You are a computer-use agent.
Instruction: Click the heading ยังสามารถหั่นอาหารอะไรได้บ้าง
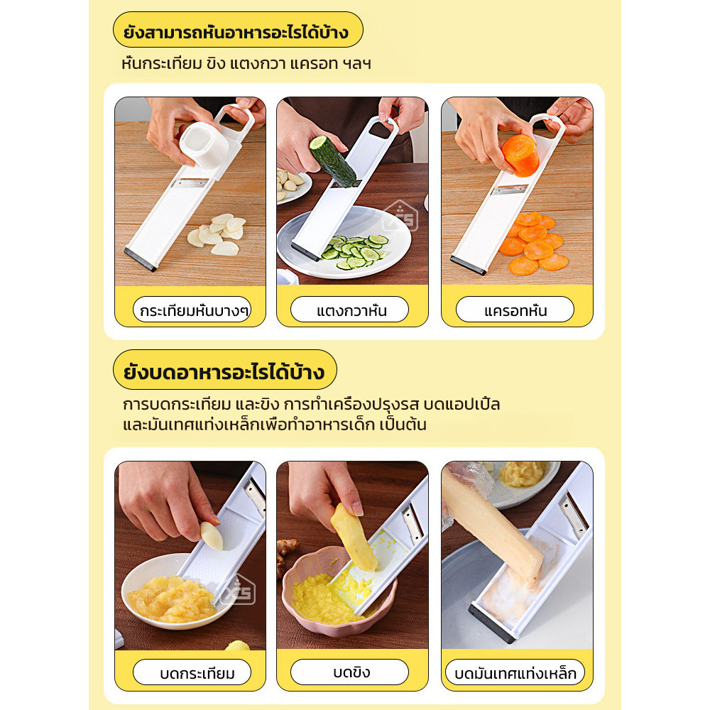236,32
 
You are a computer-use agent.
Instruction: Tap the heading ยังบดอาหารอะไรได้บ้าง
224,372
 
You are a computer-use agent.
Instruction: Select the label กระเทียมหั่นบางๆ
195,311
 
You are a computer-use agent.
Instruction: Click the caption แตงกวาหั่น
351,311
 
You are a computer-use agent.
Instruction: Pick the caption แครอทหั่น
515,311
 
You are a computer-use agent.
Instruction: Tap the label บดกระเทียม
197,674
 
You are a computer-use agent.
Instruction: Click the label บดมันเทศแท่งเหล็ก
515,674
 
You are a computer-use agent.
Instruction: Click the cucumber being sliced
332,160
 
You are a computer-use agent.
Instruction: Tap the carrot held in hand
520,155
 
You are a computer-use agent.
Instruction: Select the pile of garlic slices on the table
217,234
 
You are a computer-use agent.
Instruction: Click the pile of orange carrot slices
535,244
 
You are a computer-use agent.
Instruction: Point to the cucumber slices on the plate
356,251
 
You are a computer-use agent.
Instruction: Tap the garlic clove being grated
212,535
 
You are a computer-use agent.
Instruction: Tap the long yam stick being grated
493,524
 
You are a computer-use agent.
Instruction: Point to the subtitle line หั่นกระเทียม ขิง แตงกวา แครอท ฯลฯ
246,63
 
